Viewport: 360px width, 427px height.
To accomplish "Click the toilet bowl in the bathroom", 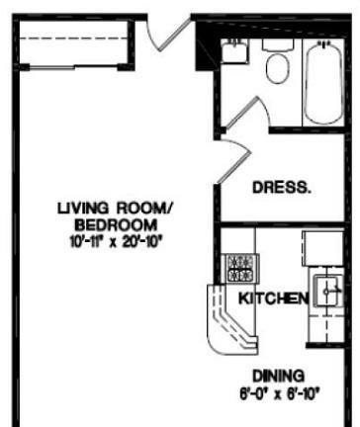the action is coord(277,68).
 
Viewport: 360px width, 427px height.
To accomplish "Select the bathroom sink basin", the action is coord(234,51).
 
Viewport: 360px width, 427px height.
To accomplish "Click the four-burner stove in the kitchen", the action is coord(241,269).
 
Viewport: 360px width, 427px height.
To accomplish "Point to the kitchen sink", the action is coord(327,291).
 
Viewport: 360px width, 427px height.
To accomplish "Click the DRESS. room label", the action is coord(282,188).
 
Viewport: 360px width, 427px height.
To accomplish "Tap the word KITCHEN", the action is coord(273,299).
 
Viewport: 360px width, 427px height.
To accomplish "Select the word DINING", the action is coord(279,376).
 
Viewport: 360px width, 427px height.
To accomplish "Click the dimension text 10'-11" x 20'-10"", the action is coord(116,242).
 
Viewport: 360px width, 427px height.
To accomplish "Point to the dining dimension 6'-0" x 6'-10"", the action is coord(280,393).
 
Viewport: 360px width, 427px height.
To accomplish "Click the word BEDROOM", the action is coord(116,225).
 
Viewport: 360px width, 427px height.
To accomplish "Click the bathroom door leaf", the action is coord(241,112).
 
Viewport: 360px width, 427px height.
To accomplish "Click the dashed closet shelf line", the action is coord(74,39).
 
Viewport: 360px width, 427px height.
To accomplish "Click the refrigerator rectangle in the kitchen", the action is coord(323,248).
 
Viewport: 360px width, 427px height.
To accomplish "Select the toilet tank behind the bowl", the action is coord(278,44).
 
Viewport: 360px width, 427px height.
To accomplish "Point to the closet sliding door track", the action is coord(74,67).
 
